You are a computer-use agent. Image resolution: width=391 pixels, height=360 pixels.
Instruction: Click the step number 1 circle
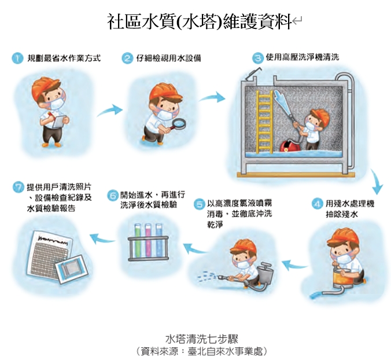[x=17, y=58]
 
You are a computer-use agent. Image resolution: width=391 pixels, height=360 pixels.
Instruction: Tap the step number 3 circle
[x=257, y=58]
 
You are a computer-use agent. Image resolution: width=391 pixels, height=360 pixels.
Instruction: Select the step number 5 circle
[x=200, y=203]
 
